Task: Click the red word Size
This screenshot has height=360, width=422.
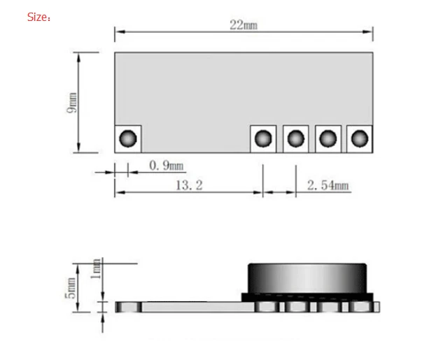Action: tap(37, 17)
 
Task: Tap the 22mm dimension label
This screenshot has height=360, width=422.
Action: tap(244, 25)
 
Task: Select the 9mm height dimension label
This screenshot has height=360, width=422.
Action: tap(72, 103)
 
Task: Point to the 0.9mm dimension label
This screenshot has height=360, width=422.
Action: tap(167, 166)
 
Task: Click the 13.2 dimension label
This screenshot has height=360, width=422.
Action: tap(189, 185)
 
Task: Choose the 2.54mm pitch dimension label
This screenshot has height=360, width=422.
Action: tap(328, 185)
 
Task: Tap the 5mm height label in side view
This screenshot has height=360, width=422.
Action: tap(70, 288)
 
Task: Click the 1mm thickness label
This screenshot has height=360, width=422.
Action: tap(96, 269)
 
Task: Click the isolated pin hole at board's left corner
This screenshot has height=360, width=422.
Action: tap(128, 138)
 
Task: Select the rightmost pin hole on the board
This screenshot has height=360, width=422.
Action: tap(360, 138)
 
